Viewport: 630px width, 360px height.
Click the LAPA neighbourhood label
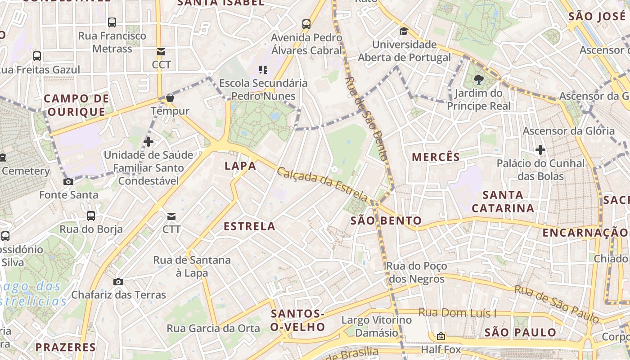coord(240,166)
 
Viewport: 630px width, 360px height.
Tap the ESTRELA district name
coord(249,226)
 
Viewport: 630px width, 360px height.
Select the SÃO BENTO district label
coord(386,220)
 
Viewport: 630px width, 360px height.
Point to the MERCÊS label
coord(436,157)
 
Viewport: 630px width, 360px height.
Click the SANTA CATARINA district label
coord(503,202)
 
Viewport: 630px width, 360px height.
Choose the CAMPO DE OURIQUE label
coord(76,105)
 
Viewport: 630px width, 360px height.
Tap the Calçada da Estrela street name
coord(323,184)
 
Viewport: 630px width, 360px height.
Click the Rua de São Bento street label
coord(365,118)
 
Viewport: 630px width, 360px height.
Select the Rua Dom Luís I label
coord(457,313)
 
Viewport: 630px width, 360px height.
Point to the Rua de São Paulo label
coord(557,304)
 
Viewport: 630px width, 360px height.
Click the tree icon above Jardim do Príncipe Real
coord(478,81)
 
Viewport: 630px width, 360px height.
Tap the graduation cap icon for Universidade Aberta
coord(404,31)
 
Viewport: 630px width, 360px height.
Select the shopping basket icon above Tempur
coord(170,98)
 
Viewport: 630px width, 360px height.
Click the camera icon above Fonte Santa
coord(68,182)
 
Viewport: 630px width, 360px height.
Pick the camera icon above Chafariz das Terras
coord(118,282)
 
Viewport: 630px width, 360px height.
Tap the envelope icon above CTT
coord(171,216)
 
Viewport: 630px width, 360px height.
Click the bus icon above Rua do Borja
coord(91,216)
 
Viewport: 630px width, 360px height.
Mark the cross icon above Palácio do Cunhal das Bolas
coord(540,150)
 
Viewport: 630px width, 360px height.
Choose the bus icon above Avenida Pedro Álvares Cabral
coord(306,24)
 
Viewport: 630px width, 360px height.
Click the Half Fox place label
coord(441,349)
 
